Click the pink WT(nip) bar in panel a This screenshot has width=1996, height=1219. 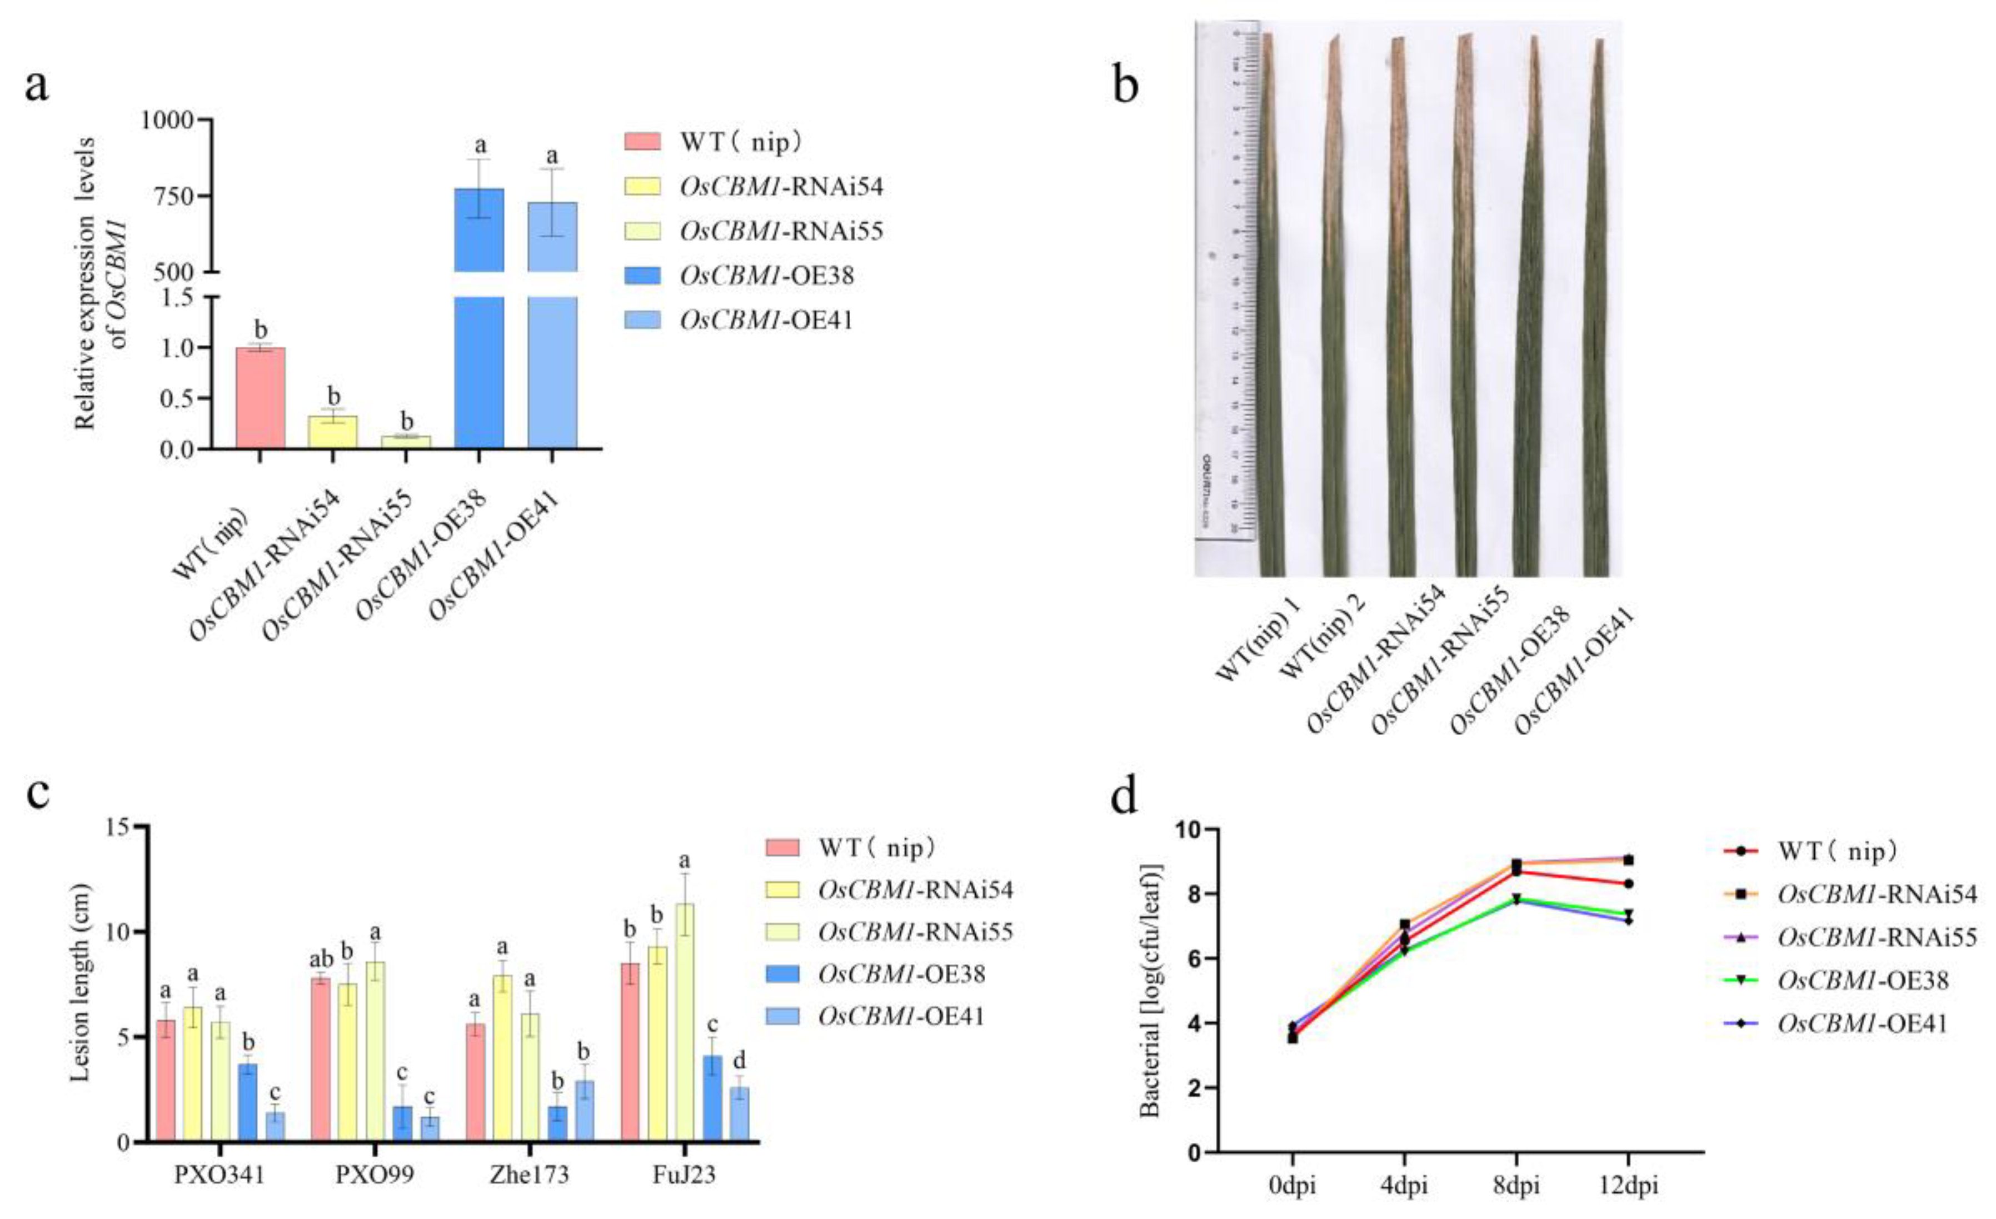click(260, 397)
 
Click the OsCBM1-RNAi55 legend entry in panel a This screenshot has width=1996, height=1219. click(780, 232)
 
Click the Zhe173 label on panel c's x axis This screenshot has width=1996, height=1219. click(529, 1175)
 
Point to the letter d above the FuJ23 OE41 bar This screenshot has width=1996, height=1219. click(739, 1061)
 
